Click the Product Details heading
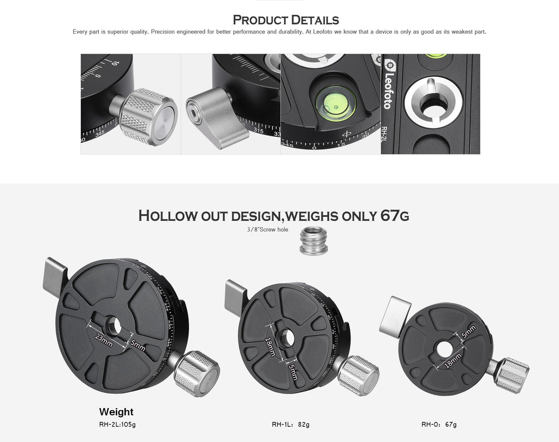[286, 20]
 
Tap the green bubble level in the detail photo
[336, 103]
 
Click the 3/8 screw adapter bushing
[313, 240]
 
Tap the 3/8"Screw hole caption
[267, 229]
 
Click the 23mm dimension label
[104, 340]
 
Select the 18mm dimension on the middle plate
[270, 346]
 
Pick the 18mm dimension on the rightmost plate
[453, 361]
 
